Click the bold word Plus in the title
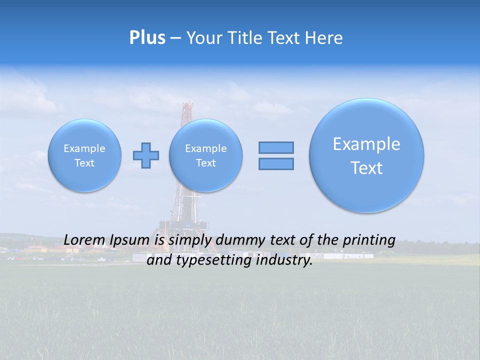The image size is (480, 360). coord(147,38)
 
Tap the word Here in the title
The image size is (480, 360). coord(324,38)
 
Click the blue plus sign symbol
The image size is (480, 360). coord(146,155)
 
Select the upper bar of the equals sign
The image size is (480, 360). coord(276,147)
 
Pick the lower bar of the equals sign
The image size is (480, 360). coord(276,163)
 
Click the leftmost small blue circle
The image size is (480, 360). coord(84,155)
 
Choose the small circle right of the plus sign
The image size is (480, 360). coord(205,155)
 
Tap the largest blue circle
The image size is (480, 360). coord(366,155)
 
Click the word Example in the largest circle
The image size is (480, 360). coord(366,144)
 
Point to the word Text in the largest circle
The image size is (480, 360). coord(366,168)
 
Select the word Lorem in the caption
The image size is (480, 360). coord(83,240)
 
